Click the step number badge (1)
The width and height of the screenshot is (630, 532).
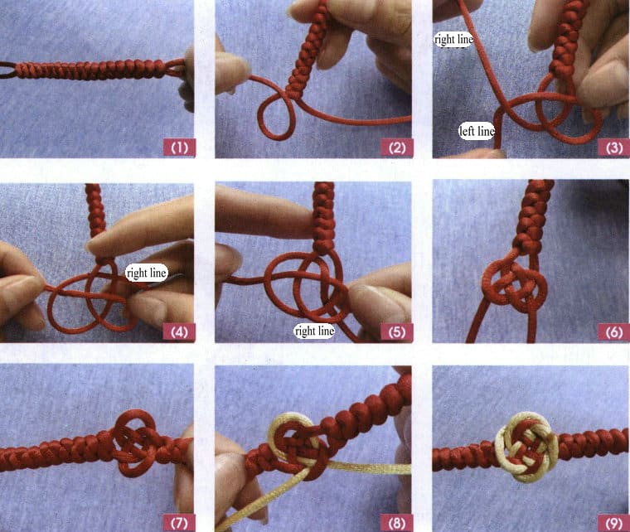click(x=180, y=148)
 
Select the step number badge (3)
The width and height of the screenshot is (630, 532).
click(x=613, y=148)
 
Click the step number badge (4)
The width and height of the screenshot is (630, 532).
click(x=180, y=332)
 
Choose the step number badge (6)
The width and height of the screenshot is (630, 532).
click(x=613, y=332)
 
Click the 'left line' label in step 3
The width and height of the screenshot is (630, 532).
click(x=477, y=130)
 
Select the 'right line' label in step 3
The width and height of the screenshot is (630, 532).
click(x=452, y=38)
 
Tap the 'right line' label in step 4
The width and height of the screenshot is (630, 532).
click(x=146, y=271)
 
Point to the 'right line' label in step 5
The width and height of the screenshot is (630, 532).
click(x=314, y=331)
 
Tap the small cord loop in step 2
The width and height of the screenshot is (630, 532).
click(x=277, y=115)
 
